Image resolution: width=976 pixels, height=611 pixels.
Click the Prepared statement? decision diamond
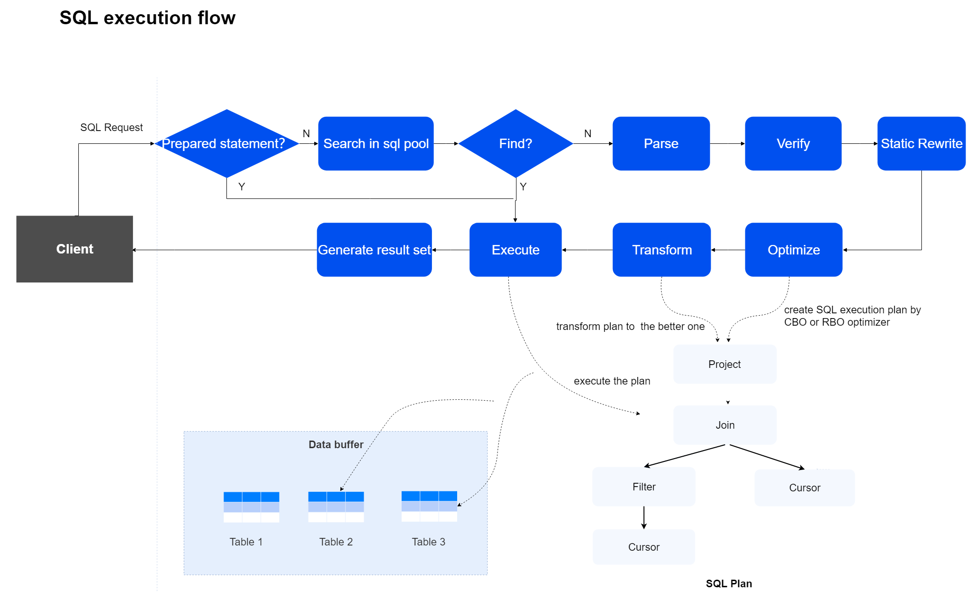coord(227,143)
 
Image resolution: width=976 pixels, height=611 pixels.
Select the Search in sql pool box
coord(375,143)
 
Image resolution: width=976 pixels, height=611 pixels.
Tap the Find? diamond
coord(516,143)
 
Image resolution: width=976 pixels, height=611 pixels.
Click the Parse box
coord(661,143)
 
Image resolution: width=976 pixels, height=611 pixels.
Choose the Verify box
coord(793,143)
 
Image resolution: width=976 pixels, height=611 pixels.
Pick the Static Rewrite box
coord(921,143)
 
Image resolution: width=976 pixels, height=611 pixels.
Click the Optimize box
coord(793,250)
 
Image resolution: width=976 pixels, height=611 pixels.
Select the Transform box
coord(661,250)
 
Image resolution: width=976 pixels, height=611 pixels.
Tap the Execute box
coord(516,250)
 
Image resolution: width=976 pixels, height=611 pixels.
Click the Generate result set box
coord(374,250)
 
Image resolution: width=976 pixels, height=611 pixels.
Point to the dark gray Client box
coord(75,249)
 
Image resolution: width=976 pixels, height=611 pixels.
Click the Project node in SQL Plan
coord(724,364)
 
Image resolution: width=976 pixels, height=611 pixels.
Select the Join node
coord(724,425)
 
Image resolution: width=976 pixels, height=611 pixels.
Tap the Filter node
coord(644,487)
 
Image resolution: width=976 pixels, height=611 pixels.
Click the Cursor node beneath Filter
coord(644,547)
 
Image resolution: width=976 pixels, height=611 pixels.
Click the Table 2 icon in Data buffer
coord(336,507)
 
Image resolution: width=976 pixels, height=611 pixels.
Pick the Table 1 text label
coord(246,542)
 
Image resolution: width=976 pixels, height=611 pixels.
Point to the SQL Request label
coord(111,127)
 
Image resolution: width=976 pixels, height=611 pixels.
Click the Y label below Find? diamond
coord(523,187)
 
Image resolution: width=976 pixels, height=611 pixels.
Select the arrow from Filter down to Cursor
coord(644,517)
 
